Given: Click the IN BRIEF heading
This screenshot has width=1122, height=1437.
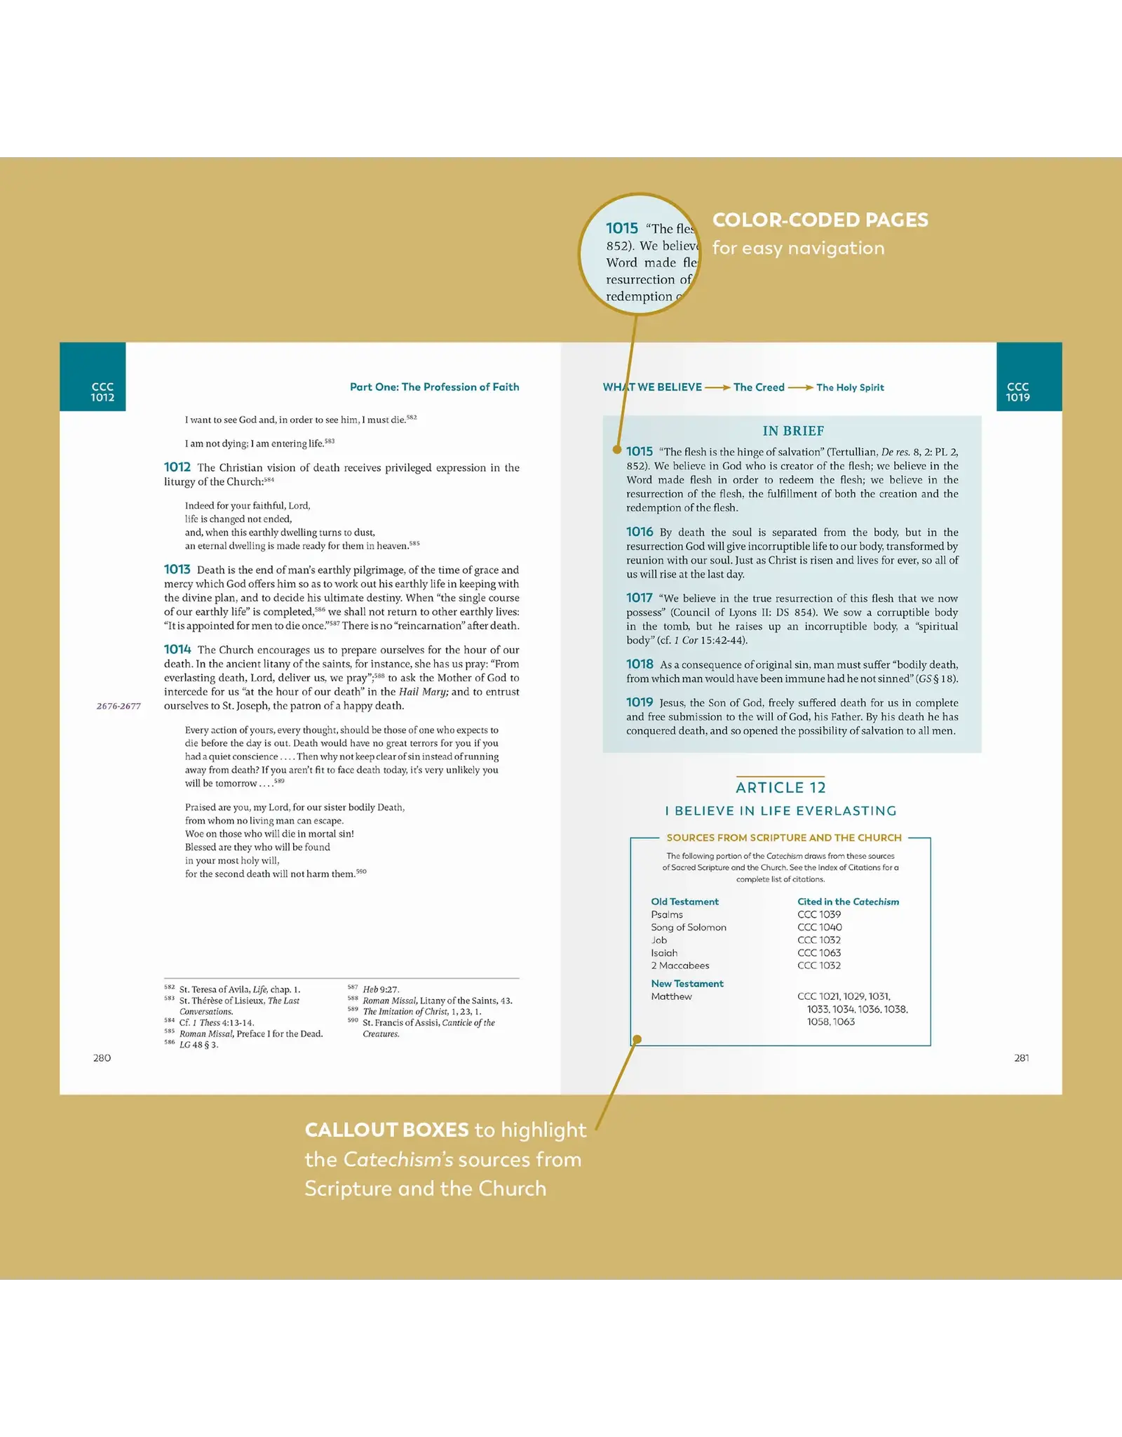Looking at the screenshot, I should tap(793, 431).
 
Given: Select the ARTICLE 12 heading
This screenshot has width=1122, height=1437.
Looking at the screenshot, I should tap(780, 787).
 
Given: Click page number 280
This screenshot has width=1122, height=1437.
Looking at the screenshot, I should tap(102, 1057).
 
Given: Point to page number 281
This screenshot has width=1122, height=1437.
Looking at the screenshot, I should tap(1022, 1057).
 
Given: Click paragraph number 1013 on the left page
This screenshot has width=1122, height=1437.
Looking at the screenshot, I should tap(177, 569).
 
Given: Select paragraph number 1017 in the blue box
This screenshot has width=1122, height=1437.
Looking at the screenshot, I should tap(639, 598).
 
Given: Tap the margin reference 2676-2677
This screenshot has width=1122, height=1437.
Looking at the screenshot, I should tap(119, 706).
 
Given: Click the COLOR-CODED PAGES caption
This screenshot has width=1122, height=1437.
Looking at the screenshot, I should tap(820, 220).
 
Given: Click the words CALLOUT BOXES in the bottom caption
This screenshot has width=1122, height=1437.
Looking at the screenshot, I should tap(386, 1130).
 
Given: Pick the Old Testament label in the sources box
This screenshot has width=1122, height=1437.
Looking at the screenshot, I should tap(684, 902).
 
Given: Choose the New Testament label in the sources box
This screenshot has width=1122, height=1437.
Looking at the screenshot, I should tap(687, 984).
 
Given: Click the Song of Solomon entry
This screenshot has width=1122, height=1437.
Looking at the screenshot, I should tap(688, 927).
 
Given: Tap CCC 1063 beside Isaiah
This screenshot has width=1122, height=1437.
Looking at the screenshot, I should tap(818, 953).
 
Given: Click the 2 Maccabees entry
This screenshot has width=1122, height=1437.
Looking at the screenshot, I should tap(680, 965).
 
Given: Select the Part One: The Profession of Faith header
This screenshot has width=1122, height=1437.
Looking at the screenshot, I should tap(434, 387).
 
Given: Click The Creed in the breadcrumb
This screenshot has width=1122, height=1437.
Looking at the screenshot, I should tap(759, 387).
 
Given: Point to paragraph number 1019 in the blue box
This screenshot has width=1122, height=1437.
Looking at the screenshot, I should tap(639, 702).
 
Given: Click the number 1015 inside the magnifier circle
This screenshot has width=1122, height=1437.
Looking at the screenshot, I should tap(622, 228).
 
